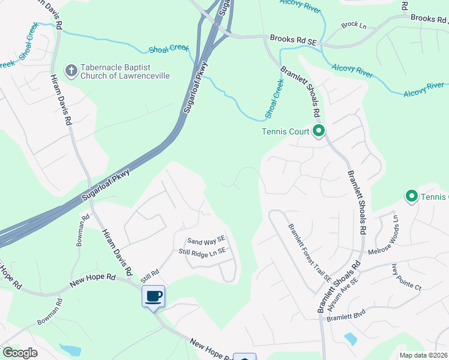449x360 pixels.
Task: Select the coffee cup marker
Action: pos(153,296)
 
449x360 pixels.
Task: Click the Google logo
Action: pos(20,353)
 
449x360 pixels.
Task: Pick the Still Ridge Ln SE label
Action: pos(202,252)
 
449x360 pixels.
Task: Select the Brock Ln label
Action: pos(354,25)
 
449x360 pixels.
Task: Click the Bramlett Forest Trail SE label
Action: pos(309,253)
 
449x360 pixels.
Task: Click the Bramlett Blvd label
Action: pos(346,316)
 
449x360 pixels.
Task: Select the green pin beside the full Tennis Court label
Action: pos(319,131)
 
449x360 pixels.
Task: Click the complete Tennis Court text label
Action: pos(286,131)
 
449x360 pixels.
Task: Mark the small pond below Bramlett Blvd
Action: pos(350,340)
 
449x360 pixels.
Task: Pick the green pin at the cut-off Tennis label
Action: pos(412,196)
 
